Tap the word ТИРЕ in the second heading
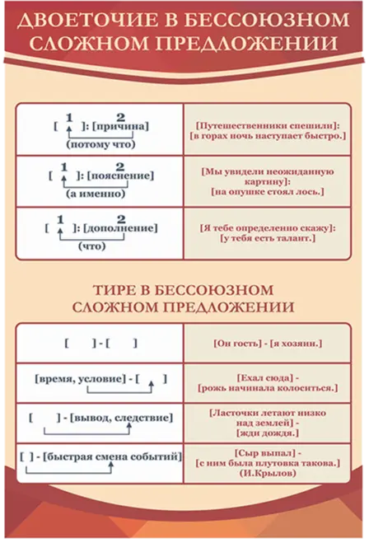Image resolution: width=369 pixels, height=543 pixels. (118, 290)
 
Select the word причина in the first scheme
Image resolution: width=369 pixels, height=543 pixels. (120, 127)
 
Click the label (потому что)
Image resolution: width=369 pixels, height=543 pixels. (100, 144)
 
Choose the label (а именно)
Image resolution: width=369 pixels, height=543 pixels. (96, 194)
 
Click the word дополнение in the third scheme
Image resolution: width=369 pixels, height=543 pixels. (120, 228)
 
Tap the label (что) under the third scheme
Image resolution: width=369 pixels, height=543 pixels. (91, 246)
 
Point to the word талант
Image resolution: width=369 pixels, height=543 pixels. (293, 238)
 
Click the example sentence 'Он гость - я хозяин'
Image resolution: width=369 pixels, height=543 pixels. (268, 344)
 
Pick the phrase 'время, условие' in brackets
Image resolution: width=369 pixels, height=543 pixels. (79, 379)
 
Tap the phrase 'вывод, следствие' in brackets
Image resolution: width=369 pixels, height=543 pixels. (121, 418)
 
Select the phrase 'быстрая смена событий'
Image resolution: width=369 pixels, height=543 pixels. (112, 457)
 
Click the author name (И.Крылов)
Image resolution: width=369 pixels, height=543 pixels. (268, 474)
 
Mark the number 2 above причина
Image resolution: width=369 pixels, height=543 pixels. (121, 117)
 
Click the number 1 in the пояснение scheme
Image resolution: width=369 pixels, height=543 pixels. (63, 167)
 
